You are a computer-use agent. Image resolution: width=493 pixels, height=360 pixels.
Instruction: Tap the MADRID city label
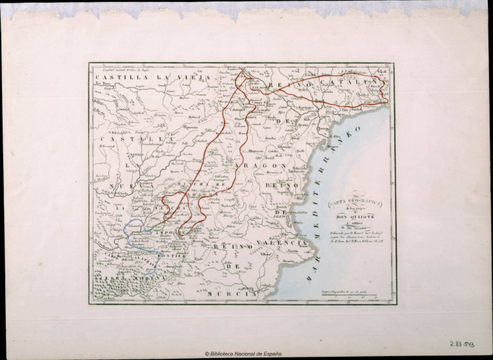(135, 155)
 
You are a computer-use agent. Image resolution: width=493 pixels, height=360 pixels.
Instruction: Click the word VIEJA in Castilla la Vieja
(192, 78)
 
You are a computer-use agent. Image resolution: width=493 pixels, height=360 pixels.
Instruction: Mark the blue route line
(131, 241)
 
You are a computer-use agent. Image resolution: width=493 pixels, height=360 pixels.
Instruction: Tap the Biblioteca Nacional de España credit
(243, 354)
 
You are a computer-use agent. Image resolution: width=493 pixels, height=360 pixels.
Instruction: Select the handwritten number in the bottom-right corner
(462, 345)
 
